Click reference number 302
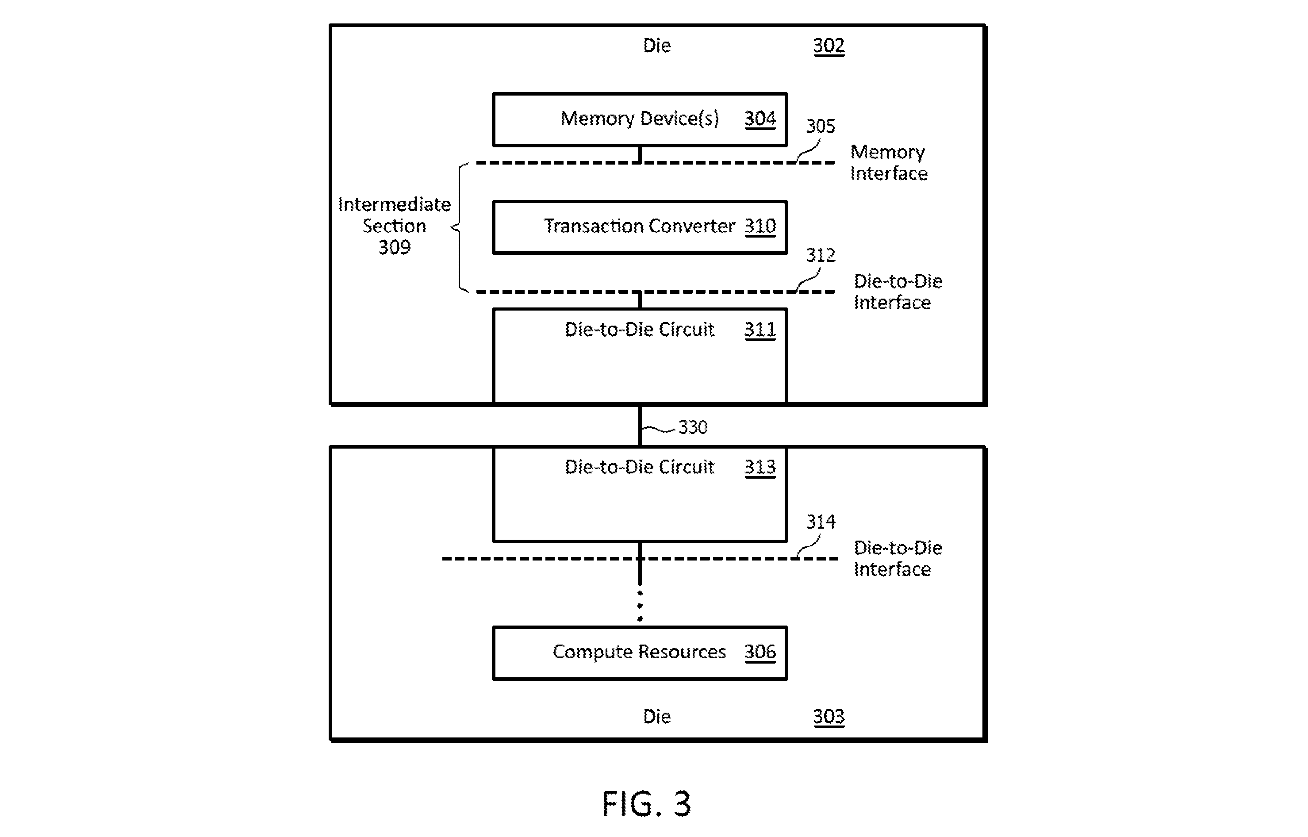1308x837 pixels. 828,46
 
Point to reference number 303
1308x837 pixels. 828,717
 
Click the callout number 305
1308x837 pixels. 820,126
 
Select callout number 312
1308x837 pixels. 820,255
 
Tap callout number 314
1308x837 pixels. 820,522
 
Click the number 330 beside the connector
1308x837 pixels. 693,427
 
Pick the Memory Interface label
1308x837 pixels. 889,162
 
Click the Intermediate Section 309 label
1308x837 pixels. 395,226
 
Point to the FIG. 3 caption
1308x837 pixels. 646,804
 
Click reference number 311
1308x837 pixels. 759,330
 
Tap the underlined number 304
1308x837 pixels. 759,119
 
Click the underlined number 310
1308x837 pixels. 759,226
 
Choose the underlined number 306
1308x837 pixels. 759,652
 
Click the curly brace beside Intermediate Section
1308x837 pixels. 460,228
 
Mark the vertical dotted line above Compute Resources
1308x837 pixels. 640,606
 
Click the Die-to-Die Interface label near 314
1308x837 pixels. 898,559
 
